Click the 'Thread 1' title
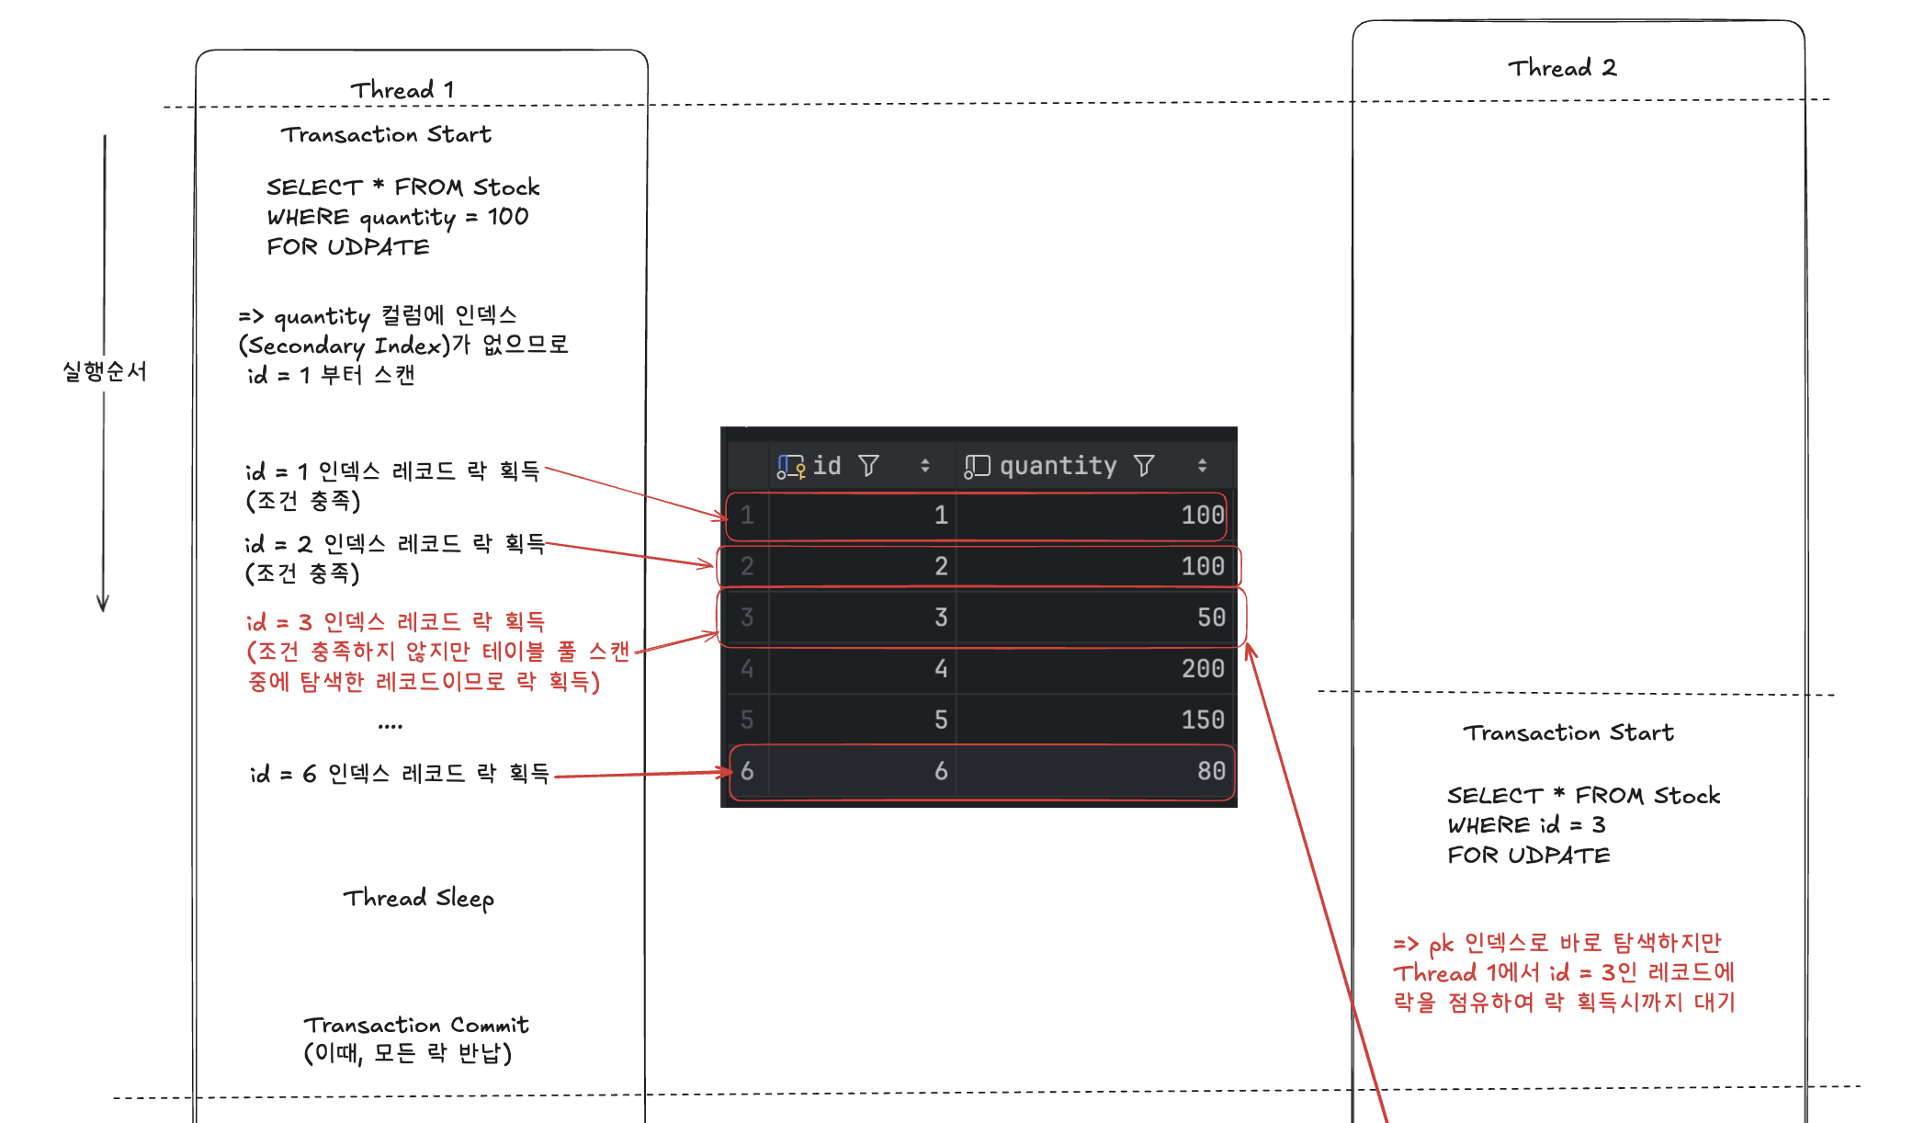(402, 89)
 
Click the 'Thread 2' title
(1562, 67)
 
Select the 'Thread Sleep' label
(419, 898)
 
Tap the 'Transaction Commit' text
(416, 1025)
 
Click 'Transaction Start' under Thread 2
(1568, 732)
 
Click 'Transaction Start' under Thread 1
(386, 134)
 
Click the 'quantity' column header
(1058, 466)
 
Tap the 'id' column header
(827, 466)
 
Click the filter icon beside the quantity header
(1144, 466)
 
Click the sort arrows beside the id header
(925, 466)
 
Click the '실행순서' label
(105, 371)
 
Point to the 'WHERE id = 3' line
(1526, 824)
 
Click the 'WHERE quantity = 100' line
(398, 218)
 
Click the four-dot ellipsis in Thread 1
(391, 726)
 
